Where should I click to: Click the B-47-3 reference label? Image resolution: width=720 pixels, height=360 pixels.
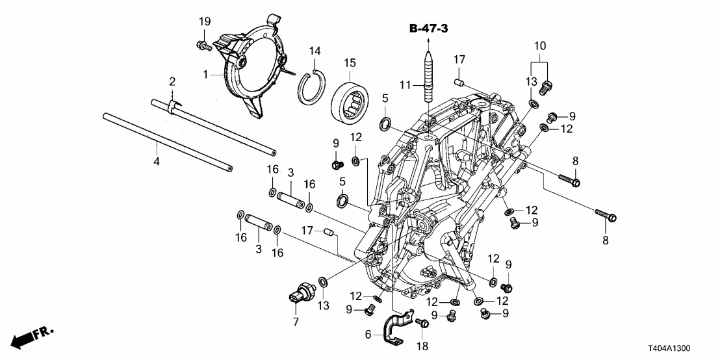coord(428,29)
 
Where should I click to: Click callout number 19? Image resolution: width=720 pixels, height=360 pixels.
coord(204,23)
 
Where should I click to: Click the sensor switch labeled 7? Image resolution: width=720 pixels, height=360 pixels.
coord(300,290)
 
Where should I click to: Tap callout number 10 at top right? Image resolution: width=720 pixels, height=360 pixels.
coord(541,46)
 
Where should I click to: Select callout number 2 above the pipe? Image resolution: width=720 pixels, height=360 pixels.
coord(173,81)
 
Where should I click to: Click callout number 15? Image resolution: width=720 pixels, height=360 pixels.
coord(351,63)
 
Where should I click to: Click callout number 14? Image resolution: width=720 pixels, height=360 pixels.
coord(315,51)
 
